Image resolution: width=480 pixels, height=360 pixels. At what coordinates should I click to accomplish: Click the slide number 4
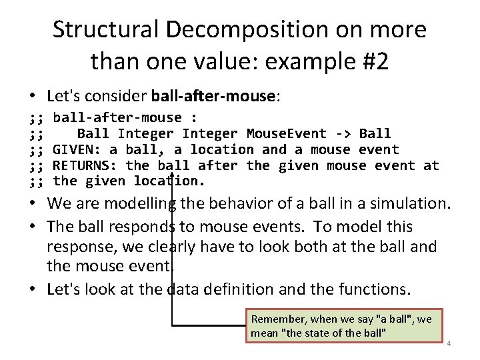[449, 343]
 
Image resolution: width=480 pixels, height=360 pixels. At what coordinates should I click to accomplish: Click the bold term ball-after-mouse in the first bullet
[213, 96]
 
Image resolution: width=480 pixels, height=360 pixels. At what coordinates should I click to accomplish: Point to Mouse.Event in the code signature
[287, 133]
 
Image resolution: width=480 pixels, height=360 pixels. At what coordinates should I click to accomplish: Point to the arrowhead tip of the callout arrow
[173, 175]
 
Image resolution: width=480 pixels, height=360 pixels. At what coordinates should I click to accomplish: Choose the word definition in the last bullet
[243, 289]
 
